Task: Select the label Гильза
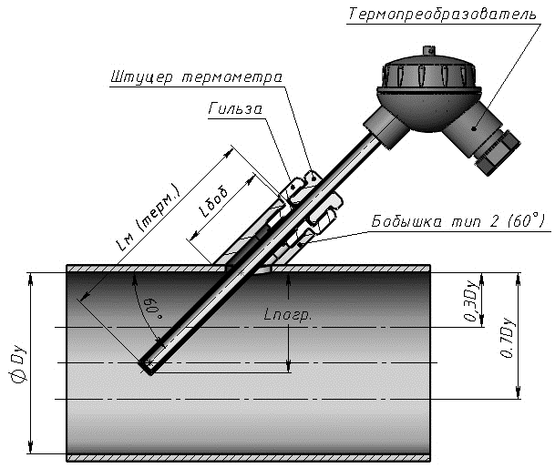coord(235,109)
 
